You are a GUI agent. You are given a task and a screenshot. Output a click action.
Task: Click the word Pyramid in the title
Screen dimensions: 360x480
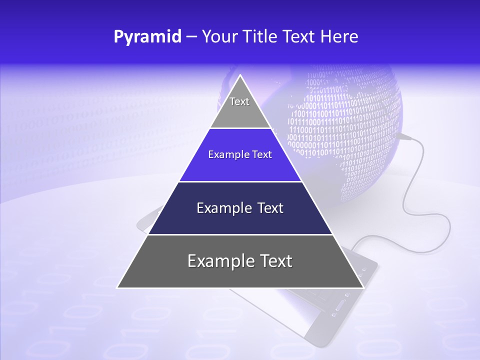click(147, 37)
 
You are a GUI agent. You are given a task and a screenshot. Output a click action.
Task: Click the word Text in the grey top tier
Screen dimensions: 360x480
click(239, 101)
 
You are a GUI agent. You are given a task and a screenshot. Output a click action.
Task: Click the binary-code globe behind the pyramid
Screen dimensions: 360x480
click(350, 125)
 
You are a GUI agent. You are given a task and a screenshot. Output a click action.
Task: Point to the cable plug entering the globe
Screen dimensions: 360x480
click(404, 135)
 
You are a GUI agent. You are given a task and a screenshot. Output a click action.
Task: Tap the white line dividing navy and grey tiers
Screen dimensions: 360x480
click(240, 234)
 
